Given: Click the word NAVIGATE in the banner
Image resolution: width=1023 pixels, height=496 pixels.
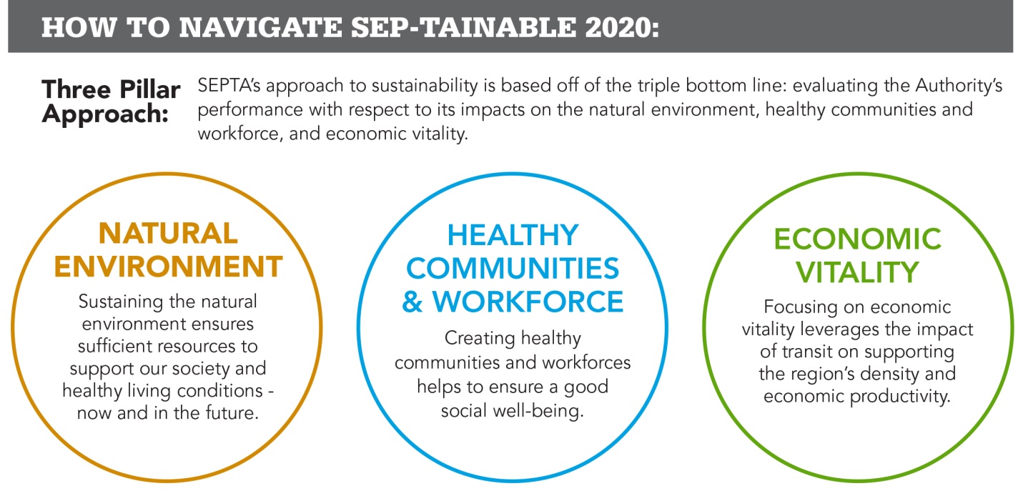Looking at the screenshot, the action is [x=261, y=27].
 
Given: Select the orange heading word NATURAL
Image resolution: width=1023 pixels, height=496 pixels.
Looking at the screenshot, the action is [x=168, y=234].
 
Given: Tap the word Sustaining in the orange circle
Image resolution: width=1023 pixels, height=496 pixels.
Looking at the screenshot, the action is [x=121, y=302].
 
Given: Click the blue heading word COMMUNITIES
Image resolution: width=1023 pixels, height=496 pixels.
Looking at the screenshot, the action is [x=513, y=269].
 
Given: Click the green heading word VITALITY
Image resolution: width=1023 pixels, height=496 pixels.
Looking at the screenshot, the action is [x=857, y=272].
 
